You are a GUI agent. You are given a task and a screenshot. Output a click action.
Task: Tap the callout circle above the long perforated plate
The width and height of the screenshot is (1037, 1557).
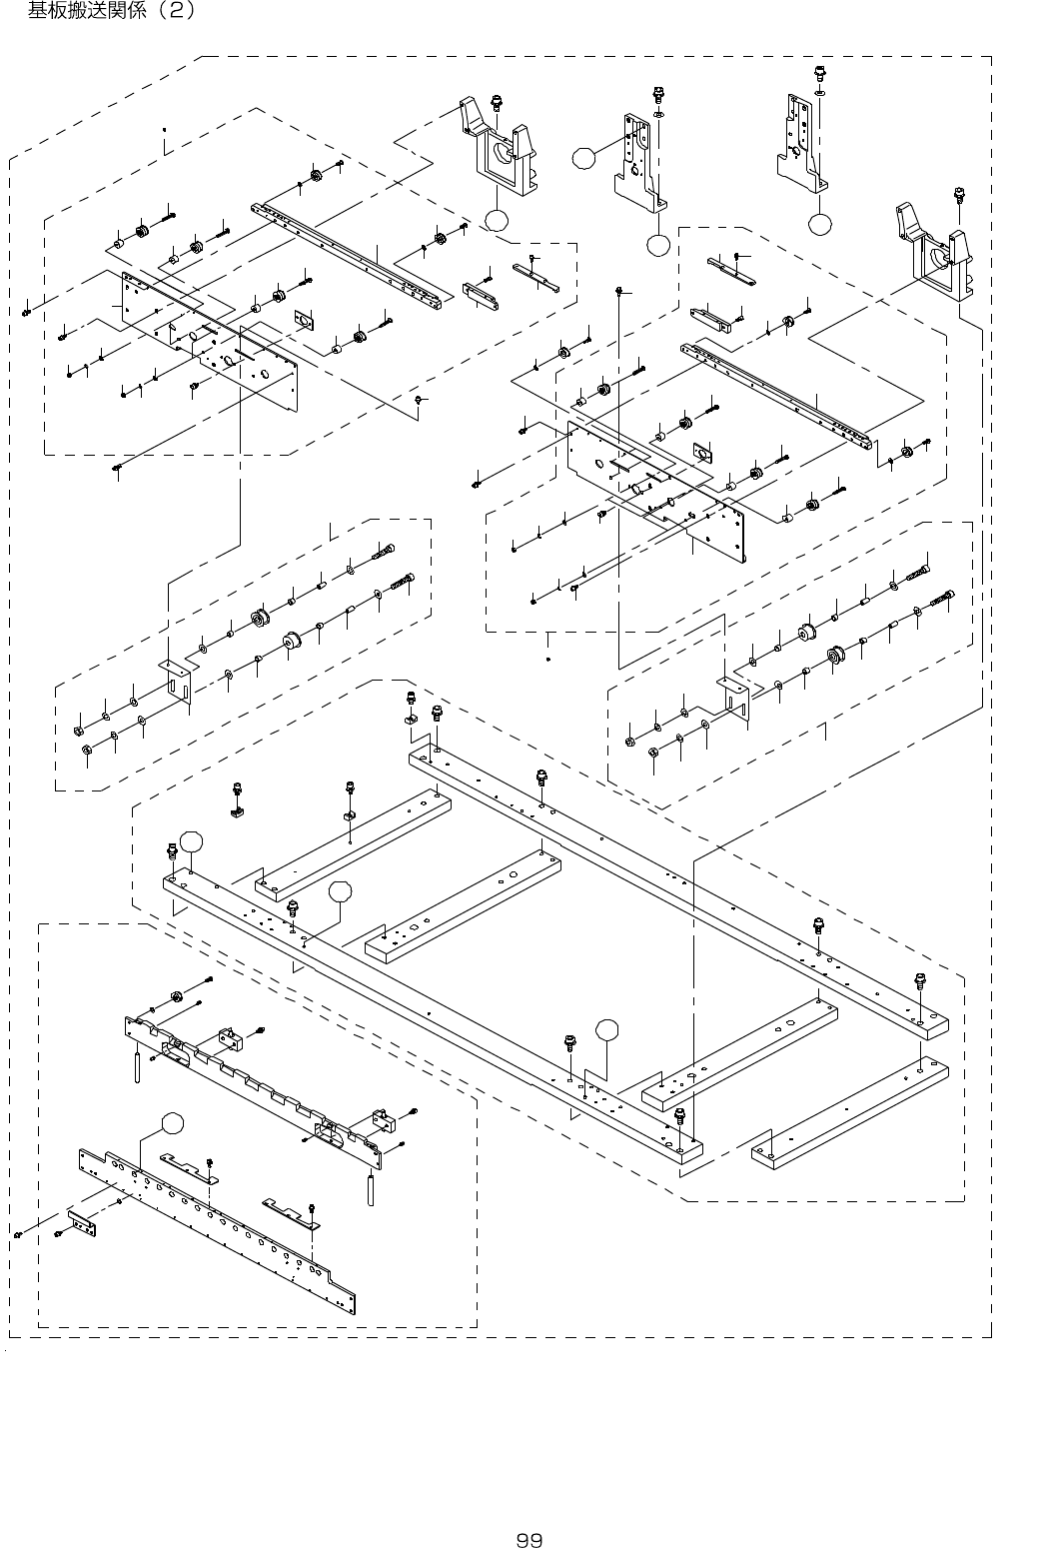coord(172,1122)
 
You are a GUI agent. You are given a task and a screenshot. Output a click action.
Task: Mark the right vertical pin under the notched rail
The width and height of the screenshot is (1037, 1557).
coord(370,1187)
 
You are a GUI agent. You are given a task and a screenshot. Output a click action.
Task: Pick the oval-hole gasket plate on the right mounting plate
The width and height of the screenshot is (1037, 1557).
coord(701,453)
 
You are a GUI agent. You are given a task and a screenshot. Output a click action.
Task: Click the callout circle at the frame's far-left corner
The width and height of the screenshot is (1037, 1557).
coord(191,842)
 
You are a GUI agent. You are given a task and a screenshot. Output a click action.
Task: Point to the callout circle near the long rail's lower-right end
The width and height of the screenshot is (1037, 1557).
coord(606,1028)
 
